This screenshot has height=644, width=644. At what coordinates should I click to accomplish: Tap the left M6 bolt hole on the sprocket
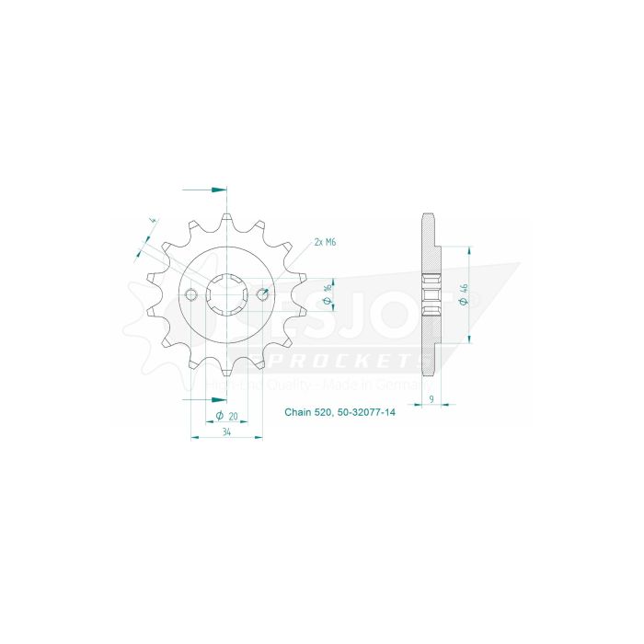point(191,294)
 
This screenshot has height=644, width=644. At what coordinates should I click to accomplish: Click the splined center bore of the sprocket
point(226,294)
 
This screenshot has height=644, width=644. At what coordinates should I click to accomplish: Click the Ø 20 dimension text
point(226,416)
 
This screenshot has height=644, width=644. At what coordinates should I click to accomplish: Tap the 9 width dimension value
point(432,399)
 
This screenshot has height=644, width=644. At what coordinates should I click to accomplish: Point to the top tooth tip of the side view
point(428,217)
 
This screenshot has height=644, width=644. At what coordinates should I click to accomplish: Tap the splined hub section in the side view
point(429,294)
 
